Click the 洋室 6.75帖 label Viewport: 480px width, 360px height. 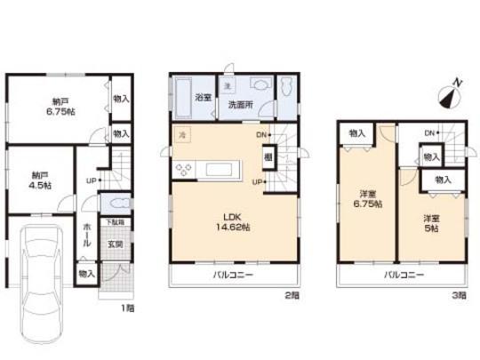click(369, 200)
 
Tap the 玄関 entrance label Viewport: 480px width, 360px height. click(116, 244)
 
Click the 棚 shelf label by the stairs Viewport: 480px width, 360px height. click(268, 156)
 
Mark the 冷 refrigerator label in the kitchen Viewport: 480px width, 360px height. click(180, 134)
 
